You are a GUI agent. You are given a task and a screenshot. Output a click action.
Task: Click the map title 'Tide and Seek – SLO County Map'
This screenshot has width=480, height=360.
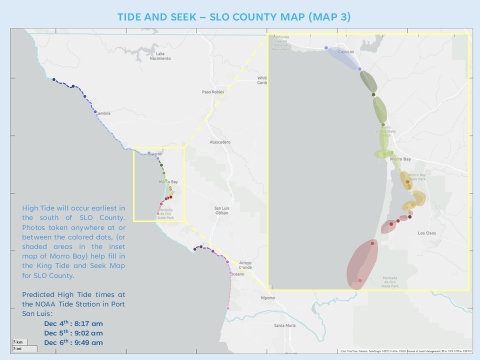pos(240,17)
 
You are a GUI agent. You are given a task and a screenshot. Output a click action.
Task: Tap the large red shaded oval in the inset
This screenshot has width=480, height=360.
pos(364,262)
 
